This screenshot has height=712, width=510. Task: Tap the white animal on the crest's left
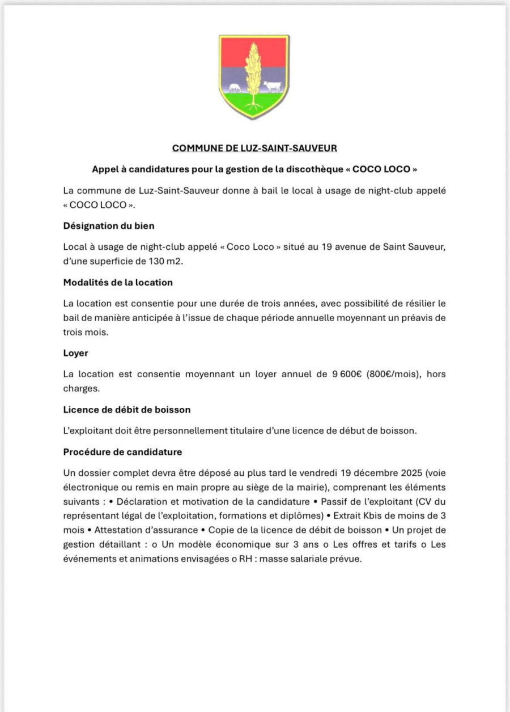(x=235, y=88)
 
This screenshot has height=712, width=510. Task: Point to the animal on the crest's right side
(x=272, y=86)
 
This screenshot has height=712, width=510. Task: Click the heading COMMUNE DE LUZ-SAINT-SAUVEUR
(x=254, y=148)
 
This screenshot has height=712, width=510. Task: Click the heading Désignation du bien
(x=109, y=225)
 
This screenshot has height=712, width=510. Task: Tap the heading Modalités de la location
(x=118, y=282)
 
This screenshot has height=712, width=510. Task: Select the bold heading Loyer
(x=75, y=353)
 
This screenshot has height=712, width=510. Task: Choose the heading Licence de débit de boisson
(x=127, y=409)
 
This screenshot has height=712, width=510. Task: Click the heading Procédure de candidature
(x=122, y=452)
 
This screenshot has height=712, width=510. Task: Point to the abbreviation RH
(x=245, y=558)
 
